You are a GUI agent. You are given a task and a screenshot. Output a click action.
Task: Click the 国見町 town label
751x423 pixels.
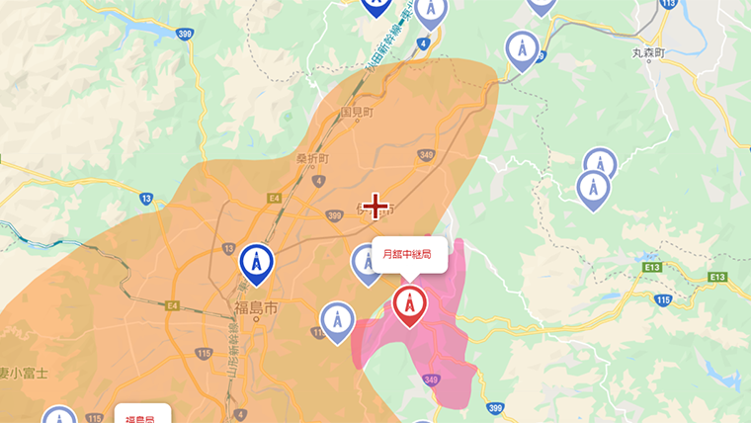click(357, 114)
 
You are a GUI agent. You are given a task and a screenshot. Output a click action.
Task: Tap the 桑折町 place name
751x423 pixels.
click(311, 157)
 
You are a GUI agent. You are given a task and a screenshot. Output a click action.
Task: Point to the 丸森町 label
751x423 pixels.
click(650, 50)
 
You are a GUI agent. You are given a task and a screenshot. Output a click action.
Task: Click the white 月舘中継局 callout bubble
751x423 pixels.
click(409, 255)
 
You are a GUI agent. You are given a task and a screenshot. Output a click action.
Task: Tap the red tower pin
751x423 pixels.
click(409, 305)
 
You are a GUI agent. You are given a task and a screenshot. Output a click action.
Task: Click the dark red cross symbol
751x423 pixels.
click(375, 207)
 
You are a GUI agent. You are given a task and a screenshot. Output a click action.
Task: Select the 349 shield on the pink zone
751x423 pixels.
click(429, 379)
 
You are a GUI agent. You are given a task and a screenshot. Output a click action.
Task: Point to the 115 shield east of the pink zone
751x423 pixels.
click(663, 298)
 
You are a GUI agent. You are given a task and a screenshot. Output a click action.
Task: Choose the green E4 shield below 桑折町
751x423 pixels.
click(274, 198)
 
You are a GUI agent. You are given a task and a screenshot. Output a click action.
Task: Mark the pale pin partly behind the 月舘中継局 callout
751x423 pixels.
click(365, 263)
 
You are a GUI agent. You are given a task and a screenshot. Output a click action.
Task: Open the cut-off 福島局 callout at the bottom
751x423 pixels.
click(141, 414)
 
